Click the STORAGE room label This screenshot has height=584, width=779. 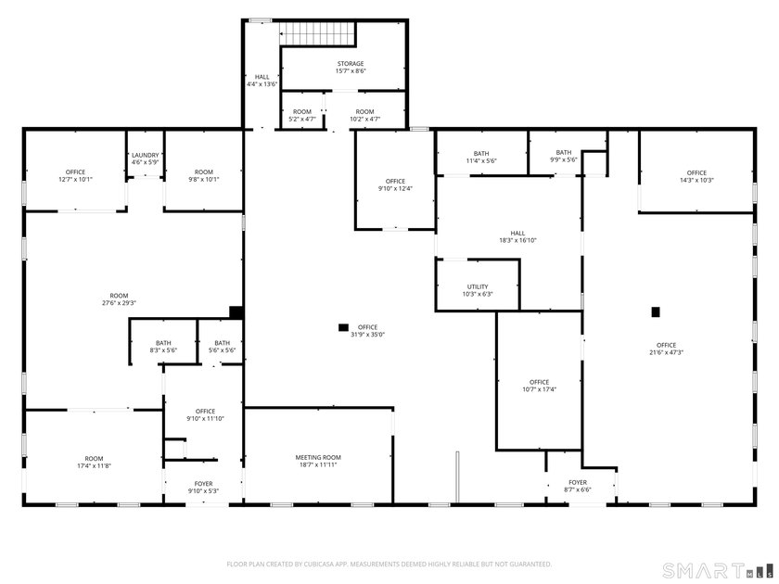(x=350, y=64)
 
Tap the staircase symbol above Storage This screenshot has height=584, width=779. (x=319, y=33)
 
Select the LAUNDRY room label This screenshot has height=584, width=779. (x=146, y=155)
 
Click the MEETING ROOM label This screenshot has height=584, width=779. (x=318, y=457)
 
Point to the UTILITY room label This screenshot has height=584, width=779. (x=478, y=286)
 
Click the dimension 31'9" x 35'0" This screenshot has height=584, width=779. (x=367, y=335)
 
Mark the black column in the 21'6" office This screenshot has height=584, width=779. (x=656, y=311)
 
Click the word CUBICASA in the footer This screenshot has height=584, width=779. (x=328, y=564)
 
